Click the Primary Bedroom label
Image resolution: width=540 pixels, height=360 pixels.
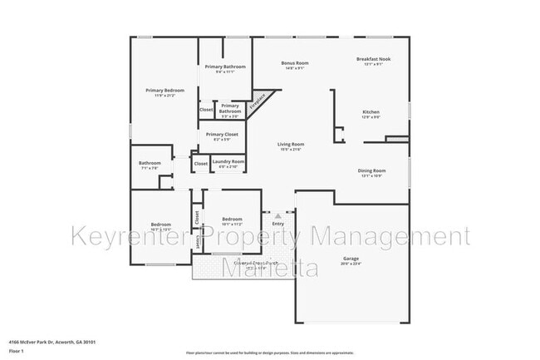(x=164, y=90)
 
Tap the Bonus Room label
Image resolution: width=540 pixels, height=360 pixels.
(x=295, y=63)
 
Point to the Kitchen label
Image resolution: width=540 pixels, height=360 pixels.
(x=371, y=111)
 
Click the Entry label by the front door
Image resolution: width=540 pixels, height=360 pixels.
(x=277, y=223)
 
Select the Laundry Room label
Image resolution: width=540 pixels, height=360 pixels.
(x=228, y=161)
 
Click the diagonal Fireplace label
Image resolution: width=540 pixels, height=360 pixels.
(x=260, y=101)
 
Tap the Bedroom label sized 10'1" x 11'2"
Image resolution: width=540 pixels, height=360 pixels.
(x=231, y=219)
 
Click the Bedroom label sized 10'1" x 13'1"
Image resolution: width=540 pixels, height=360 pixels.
(x=160, y=224)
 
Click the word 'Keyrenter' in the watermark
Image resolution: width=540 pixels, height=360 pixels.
(x=125, y=238)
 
